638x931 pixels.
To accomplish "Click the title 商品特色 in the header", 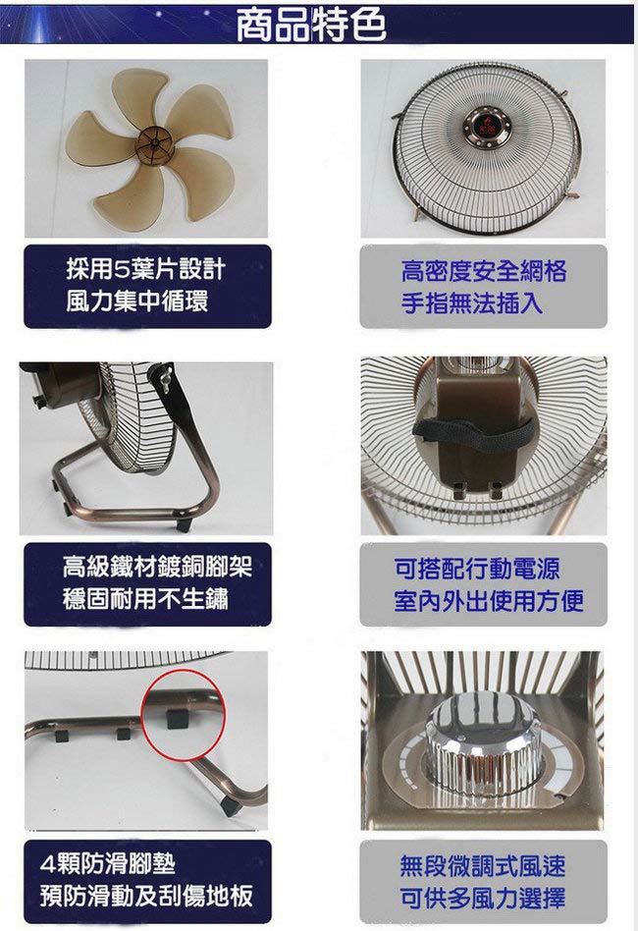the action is [x=311, y=25].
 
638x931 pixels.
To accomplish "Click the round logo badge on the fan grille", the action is [x=489, y=128].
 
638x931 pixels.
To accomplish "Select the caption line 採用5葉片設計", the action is [x=145, y=269].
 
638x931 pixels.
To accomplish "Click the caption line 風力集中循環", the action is [x=137, y=301].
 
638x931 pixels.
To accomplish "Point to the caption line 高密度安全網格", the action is [x=484, y=271].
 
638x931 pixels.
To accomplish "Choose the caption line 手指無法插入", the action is [x=472, y=302].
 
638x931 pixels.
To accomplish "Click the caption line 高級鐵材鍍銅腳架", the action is [x=157, y=567].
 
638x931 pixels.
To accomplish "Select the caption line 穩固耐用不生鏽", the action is [x=145, y=598].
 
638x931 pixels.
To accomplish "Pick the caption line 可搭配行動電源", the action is [x=477, y=569].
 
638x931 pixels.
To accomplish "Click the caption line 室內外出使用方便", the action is [x=489, y=600].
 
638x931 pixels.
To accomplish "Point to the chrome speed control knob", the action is [x=482, y=746].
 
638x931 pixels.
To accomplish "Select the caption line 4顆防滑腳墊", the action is [x=108, y=863].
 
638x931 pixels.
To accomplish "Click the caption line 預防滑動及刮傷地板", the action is [x=146, y=896].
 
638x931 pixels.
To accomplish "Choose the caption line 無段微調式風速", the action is [x=483, y=865].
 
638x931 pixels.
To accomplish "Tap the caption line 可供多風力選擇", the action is [x=483, y=898].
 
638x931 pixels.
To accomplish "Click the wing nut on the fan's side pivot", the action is [x=164, y=376].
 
